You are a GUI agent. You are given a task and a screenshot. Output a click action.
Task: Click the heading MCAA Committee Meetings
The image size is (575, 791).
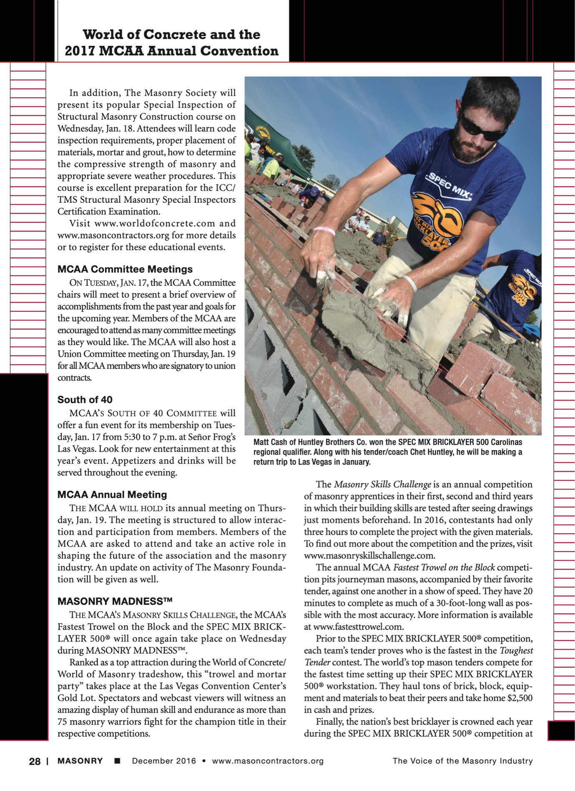click(125, 269)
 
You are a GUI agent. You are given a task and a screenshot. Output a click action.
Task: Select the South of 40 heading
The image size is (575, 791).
click(85, 400)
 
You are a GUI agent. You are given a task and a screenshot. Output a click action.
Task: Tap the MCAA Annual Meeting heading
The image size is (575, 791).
click(112, 495)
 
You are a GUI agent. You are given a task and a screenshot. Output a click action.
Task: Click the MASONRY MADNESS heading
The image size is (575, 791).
click(115, 601)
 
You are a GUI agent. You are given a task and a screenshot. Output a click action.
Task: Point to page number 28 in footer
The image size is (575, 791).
click(35, 761)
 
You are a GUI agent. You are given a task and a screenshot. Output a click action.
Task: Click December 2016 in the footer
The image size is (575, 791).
click(164, 761)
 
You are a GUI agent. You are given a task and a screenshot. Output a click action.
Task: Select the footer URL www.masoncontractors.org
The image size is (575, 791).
click(268, 761)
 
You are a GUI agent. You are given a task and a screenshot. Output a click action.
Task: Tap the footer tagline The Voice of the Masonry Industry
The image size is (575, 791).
click(462, 761)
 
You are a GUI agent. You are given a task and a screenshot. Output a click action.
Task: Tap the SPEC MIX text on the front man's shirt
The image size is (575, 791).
click(448, 187)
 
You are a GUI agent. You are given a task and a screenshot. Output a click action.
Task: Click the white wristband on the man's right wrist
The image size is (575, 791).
click(410, 283)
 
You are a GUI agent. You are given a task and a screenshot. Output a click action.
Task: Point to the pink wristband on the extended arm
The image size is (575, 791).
click(324, 230)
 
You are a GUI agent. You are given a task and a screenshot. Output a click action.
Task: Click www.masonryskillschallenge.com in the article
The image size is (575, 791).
click(370, 556)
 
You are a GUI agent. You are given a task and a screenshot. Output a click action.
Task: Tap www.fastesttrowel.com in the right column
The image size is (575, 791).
click(358, 627)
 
